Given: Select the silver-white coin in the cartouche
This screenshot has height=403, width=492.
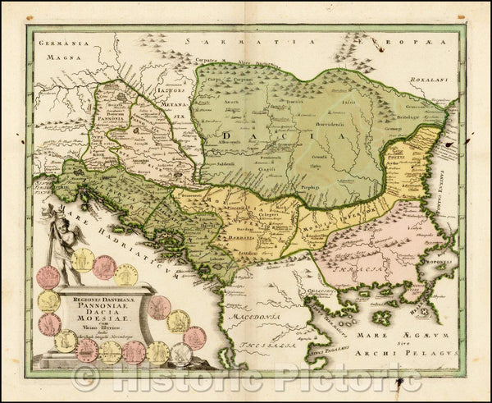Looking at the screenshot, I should pos(181,354).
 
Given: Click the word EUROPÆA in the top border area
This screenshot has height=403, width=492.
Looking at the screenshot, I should pos(410,39).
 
